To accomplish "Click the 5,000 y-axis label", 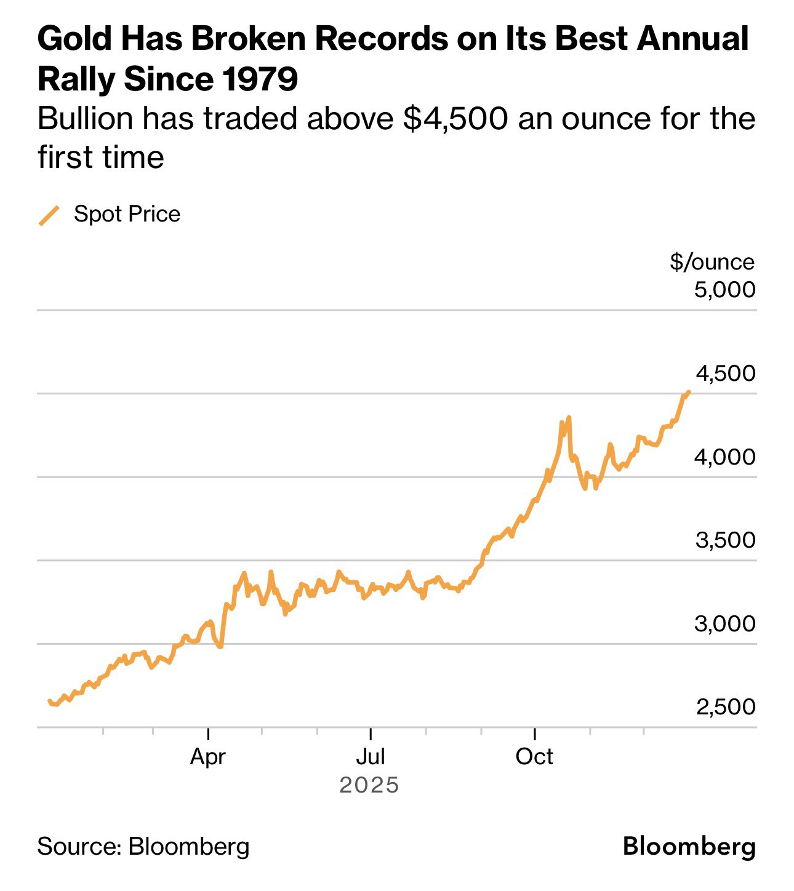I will click(x=724, y=289).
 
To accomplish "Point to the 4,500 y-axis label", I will click(x=725, y=374).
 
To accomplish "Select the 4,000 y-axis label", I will click(x=724, y=457).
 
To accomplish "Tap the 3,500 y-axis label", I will click(x=725, y=540).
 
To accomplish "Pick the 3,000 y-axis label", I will click(x=724, y=624).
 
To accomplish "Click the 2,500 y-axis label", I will click(x=725, y=707).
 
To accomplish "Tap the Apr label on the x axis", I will click(x=208, y=756).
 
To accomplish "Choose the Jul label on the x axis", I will click(x=371, y=756).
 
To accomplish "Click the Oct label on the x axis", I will click(x=534, y=756).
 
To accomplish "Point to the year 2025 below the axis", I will click(x=369, y=785).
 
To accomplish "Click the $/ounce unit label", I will click(x=712, y=262).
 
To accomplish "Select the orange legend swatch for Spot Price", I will click(x=49, y=215).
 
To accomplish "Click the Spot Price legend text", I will click(x=127, y=214).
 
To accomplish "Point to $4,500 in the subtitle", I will click(x=455, y=119).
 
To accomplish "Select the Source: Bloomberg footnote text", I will click(x=143, y=847).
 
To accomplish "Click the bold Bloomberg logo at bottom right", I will click(x=689, y=847).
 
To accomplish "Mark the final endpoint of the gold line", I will click(x=688, y=392).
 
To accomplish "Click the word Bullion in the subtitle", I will click(x=85, y=119).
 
